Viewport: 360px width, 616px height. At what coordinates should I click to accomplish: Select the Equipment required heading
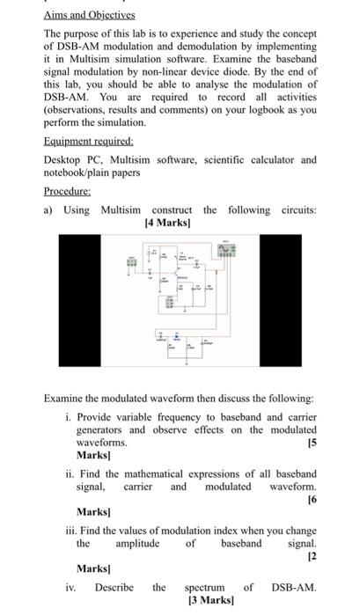88,140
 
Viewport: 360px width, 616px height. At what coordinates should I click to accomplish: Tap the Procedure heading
69,190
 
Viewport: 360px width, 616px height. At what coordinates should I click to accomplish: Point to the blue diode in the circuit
176,338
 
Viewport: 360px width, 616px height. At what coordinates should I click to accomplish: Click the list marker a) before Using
49,209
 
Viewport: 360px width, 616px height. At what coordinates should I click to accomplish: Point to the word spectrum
204,587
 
